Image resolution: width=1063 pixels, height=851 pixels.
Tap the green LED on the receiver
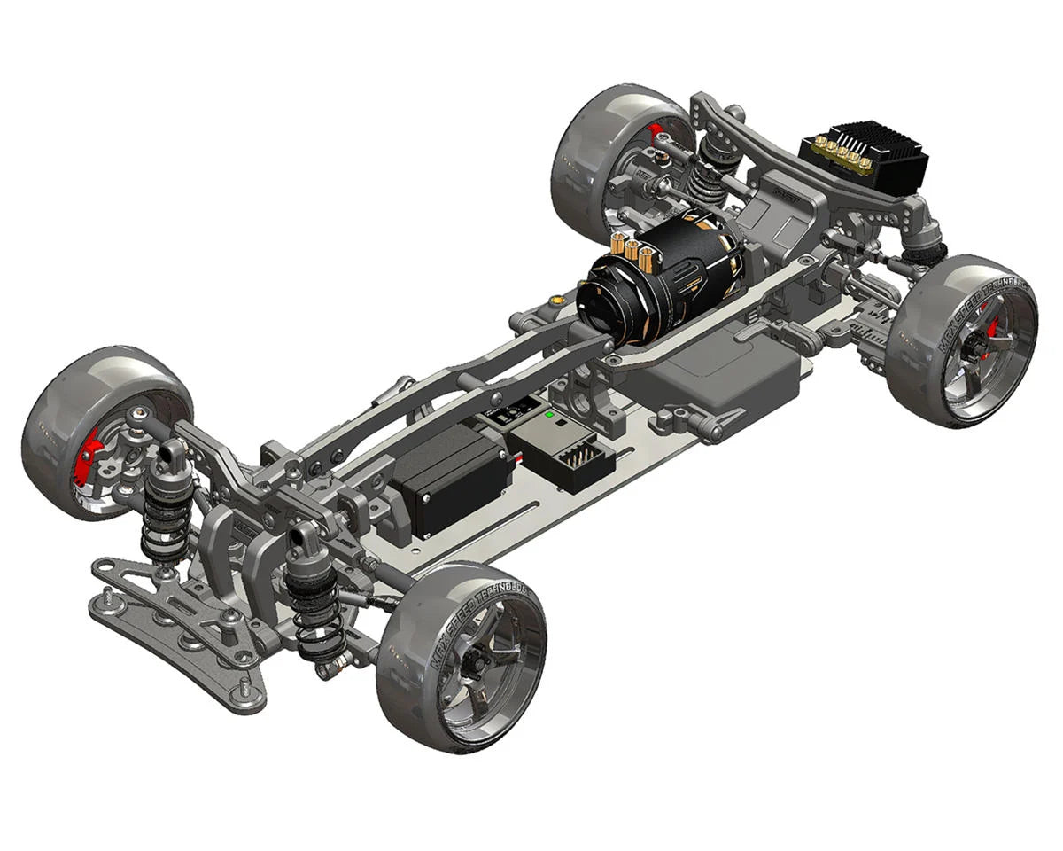tap(549, 414)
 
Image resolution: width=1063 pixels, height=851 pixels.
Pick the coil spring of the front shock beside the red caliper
tap(164, 523)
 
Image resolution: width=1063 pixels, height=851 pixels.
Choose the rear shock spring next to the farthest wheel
tap(708, 176)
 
